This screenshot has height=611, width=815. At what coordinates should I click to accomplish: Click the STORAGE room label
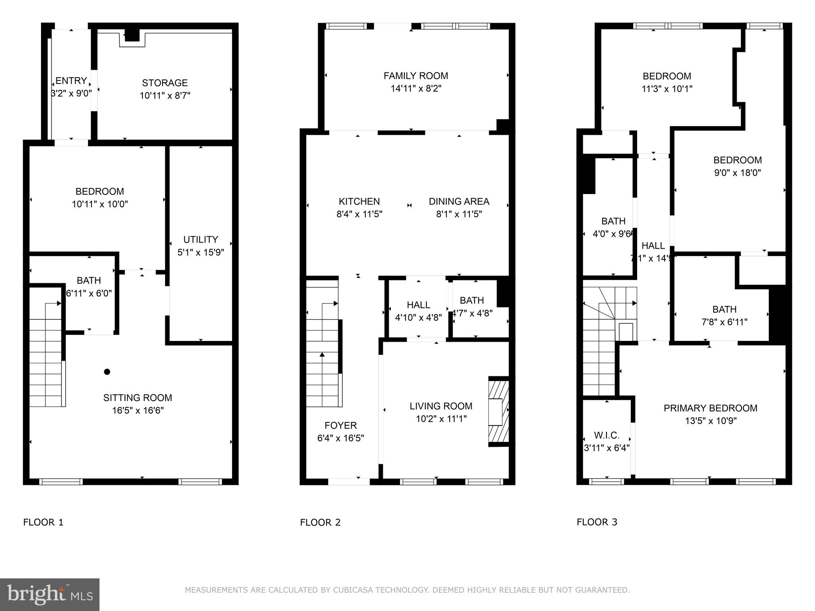165,83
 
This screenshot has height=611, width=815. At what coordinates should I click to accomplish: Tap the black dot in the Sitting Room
107,372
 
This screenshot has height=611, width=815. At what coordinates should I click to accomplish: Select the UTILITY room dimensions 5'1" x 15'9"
201,252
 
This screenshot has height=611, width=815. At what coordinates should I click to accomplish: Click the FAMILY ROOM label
415,76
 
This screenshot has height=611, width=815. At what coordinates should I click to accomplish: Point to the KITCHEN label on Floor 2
359,201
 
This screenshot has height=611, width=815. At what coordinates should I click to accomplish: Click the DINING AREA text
459,201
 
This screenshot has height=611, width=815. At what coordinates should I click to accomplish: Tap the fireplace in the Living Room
498,411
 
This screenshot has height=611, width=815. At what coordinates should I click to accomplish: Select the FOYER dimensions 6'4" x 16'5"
340,438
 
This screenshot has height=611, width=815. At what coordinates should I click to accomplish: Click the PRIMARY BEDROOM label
710,408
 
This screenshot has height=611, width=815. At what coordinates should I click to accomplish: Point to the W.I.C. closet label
606,435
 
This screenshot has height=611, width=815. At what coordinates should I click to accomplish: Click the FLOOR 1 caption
43,522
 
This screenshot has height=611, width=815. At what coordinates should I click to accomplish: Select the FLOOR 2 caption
320,522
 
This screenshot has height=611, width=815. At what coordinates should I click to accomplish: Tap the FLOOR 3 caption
597,522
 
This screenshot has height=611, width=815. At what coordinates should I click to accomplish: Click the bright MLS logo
49,595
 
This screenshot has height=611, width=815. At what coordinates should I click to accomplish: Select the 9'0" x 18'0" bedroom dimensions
737,173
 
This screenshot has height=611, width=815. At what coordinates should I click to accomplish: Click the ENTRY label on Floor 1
71,81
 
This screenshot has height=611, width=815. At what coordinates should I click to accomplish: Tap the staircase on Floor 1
45,358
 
